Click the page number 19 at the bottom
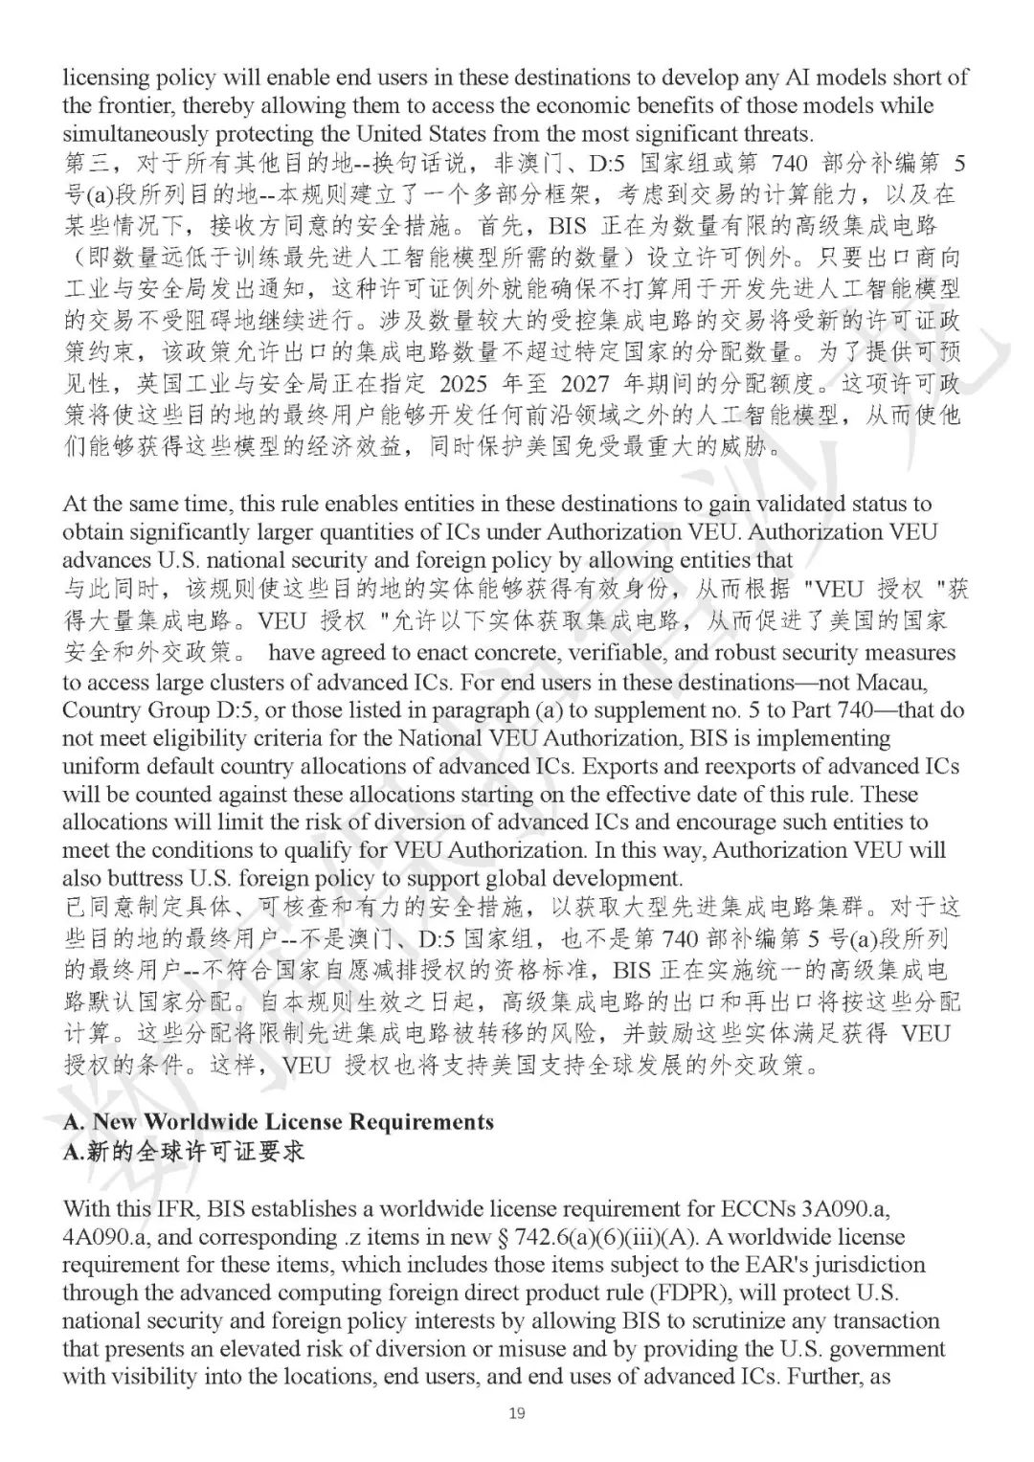pos(517,1414)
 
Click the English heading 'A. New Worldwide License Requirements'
pos(279,1121)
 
